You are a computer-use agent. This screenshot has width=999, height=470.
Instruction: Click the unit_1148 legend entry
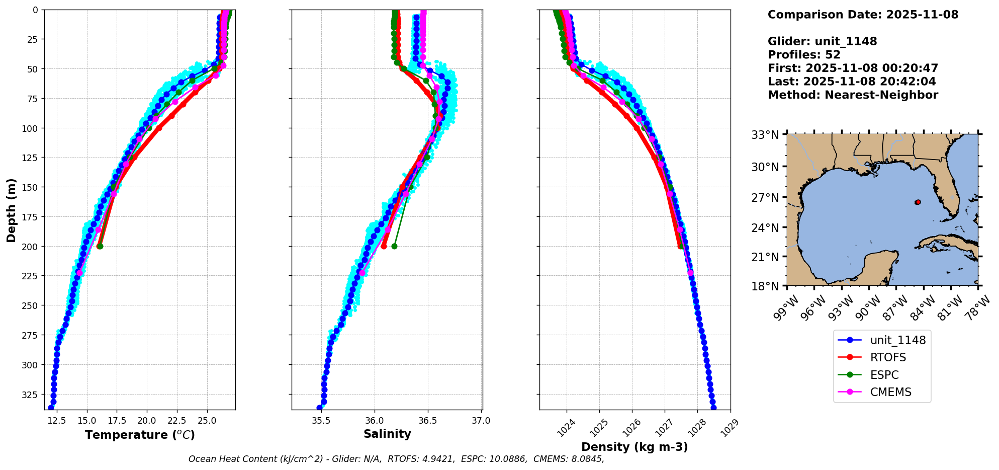[x=897, y=340]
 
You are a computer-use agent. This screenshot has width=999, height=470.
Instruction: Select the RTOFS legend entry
[x=888, y=357]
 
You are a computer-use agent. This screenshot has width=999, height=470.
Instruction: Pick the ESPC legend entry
[x=884, y=375]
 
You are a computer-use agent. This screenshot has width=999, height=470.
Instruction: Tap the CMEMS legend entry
[x=890, y=392]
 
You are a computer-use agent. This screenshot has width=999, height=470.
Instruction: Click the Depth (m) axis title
[x=11, y=210]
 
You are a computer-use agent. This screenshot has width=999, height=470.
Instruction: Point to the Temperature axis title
[x=140, y=435]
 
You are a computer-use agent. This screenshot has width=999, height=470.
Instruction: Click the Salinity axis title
[x=387, y=434]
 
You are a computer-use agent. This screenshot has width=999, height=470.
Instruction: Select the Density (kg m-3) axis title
[x=634, y=447]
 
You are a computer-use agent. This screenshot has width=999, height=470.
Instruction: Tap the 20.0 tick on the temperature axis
[x=147, y=420]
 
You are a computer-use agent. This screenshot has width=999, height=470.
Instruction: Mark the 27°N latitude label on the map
[x=765, y=198]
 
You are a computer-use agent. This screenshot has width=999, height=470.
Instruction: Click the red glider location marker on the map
[x=918, y=202]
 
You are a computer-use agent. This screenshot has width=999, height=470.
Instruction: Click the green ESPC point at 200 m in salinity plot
[x=394, y=246]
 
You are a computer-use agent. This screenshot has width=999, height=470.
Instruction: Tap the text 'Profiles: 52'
[x=804, y=55]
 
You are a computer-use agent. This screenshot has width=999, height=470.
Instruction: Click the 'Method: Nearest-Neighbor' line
[x=853, y=95]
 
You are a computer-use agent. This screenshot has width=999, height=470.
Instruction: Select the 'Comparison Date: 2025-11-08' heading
[x=863, y=15]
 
